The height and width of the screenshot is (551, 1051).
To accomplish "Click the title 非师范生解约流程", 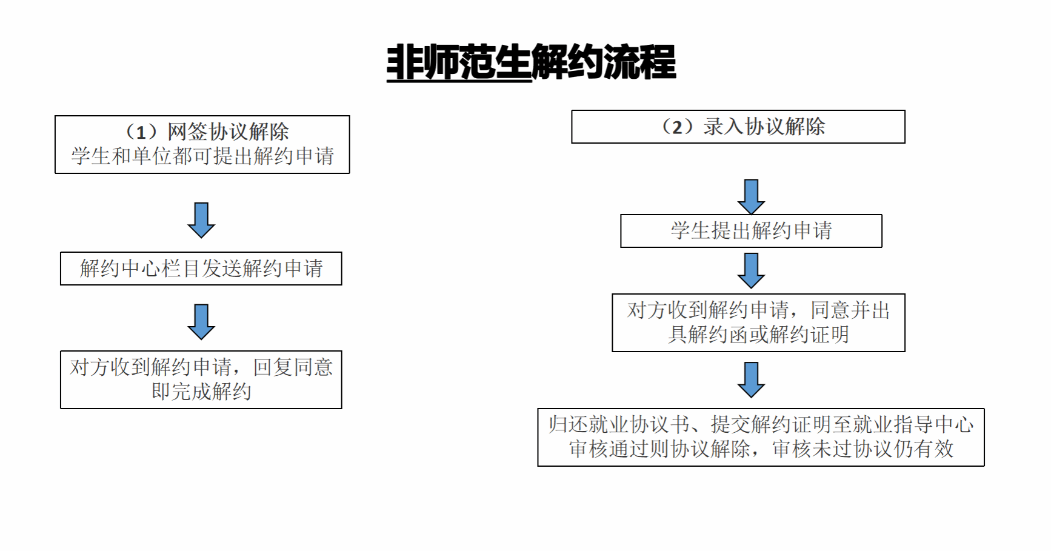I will pyautogui.click(x=531, y=62).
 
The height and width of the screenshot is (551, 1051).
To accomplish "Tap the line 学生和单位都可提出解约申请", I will pyautogui.click(x=202, y=156).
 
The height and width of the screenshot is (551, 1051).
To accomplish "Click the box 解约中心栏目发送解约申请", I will pyautogui.click(x=201, y=269).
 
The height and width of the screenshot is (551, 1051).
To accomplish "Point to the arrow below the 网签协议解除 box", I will pyautogui.click(x=201, y=219).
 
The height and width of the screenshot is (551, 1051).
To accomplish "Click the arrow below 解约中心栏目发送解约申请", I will pyautogui.click(x=201, y=321).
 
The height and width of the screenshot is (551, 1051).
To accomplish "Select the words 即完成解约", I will pyautogui.click(x=201, y=392).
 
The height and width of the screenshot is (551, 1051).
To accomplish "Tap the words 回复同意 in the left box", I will pyautogui.click(x=293, y=367).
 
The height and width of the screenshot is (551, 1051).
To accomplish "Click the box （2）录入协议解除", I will pyautogui.click(x=738, y=127).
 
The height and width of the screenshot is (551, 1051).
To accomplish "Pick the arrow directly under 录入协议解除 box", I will pyautogui.click(x=751, y=196).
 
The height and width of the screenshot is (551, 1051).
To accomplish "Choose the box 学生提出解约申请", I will pyautogui.click(x=751, y=231).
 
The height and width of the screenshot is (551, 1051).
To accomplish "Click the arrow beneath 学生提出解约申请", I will pyautogui.click(x=751, y=270).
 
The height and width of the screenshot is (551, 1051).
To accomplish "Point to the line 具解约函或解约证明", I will pyautogui.click(x=758, y=335).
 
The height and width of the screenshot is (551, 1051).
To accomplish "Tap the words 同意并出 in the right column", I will pyautogui.click(x=850, y=310).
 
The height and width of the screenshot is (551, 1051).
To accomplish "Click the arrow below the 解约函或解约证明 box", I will pyautogui.click(x=751, y=379).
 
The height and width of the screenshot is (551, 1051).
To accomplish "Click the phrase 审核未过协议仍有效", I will pyautogui.click(x=862, y=449).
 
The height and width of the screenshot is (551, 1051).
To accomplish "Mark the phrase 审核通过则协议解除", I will pyautogui.click(x=659, y=449).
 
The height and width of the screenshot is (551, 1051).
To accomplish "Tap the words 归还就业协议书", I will pyautogui.click(x=619, y=424).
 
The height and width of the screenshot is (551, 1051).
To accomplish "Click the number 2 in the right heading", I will pyautogui.click(x=678, y=127).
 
